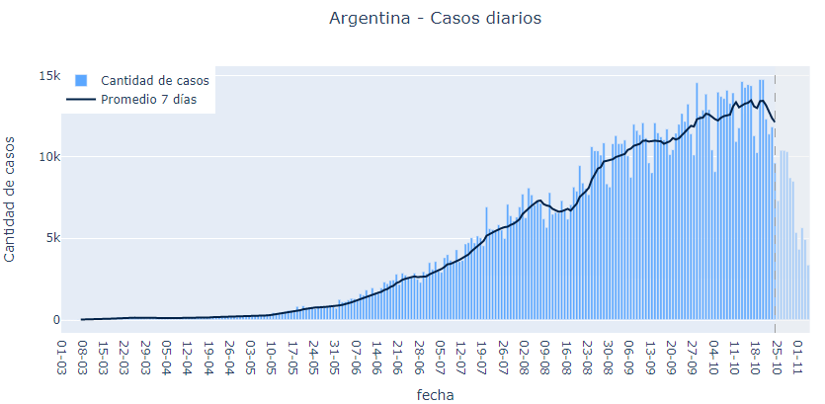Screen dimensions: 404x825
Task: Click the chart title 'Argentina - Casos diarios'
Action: (x=435, y=19)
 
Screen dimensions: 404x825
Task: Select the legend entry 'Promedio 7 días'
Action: (x=148, y=99)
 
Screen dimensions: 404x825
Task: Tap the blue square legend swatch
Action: (x=81, y=80)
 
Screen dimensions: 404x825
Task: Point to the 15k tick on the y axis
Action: (x=49, y=76)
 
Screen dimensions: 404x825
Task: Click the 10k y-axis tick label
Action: (x=49, y=157)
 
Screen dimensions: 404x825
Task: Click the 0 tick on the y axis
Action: (x=56, y=319)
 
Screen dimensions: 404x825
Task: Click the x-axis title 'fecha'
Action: (x=435, y=393)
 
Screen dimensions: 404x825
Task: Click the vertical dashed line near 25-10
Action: (x=775, y=198)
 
